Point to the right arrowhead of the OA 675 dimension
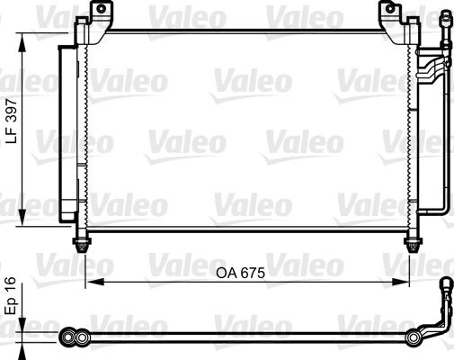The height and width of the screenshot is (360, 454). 410,282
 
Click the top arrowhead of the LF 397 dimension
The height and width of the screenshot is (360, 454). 19,32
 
